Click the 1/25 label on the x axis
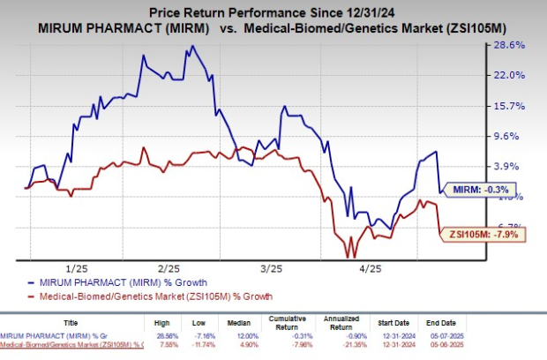pyautogui.click(x=76, y=267)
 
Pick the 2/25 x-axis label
pyautogui.click(x=169, y=267)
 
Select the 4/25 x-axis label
pyautogui.click(x=369, y=267)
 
